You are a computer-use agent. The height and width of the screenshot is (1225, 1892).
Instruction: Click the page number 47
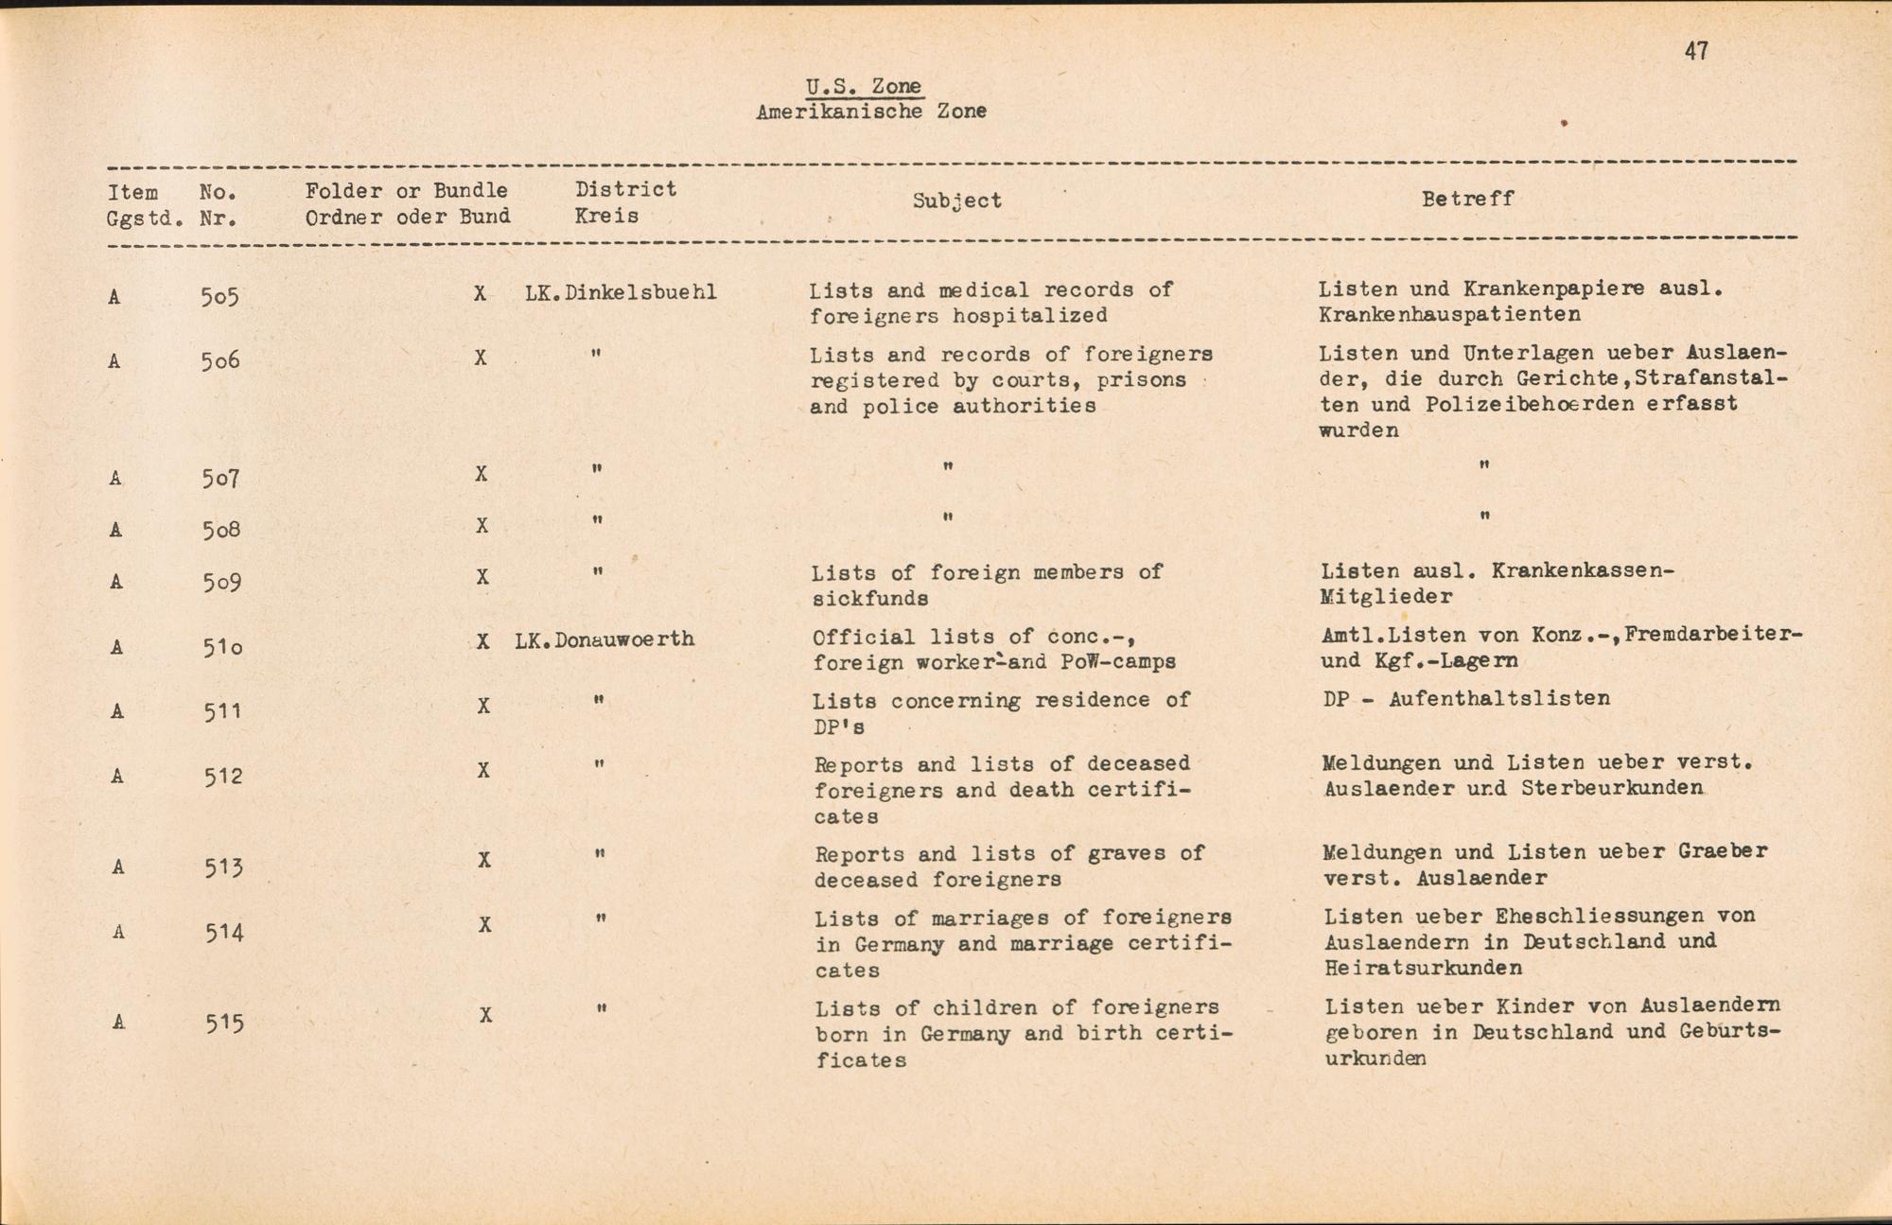(x=1696, y=51)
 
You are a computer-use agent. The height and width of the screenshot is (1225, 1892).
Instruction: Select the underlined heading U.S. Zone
(x=863, y=86)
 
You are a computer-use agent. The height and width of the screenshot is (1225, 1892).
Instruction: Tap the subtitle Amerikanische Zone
(x=871, y=112)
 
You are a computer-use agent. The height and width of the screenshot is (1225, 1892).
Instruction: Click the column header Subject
(x=956, y=201)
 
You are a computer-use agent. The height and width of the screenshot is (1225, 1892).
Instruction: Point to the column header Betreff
(x=1467, y=199)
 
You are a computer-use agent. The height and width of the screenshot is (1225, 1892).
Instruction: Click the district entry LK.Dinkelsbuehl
(x=621, y=292)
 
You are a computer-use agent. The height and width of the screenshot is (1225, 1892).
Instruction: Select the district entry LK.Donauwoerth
(x=604, y=639)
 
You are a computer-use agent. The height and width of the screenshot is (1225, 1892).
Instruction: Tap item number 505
(x=219, y=297)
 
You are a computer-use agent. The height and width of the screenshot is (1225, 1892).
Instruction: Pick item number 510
(x=222, y=647)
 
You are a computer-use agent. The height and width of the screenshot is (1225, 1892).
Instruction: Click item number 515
(x=225, y=1023)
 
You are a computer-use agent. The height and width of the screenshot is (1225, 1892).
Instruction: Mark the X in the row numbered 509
(x=482, y=577)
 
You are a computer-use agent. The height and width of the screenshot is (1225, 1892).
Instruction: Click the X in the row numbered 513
(x=483, y=860)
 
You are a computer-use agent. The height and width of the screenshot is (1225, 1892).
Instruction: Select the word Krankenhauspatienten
(x=1449, y=314)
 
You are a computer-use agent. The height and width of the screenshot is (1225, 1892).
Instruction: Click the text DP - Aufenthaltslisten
(x=1465, y=699)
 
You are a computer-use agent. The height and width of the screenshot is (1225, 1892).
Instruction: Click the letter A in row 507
(x=115, y=479)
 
